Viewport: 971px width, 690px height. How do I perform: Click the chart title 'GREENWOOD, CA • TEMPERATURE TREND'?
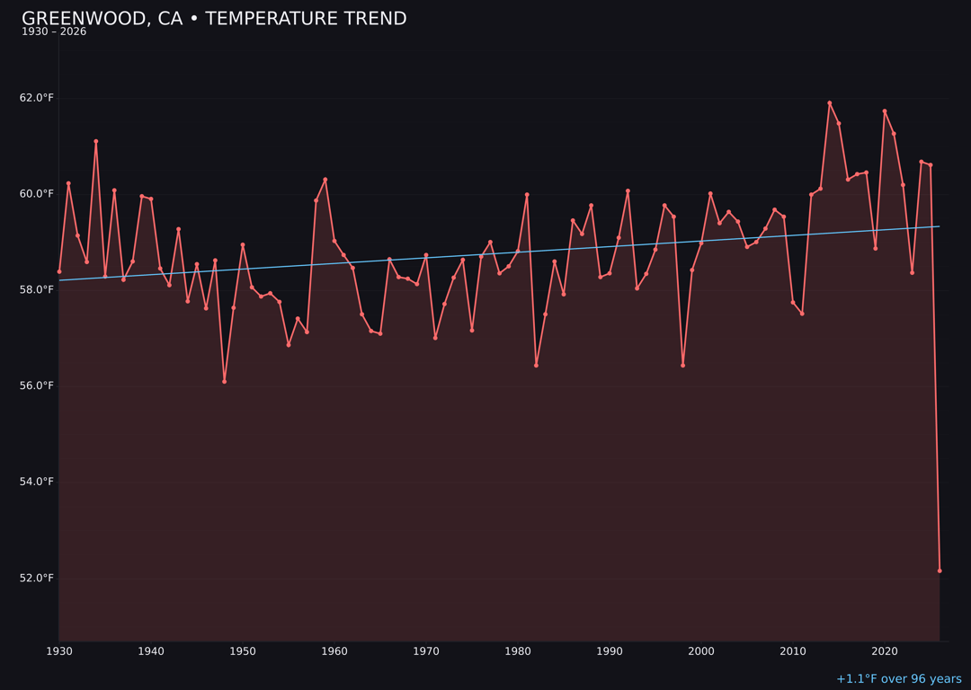pyautogui.click(x=214, y=19)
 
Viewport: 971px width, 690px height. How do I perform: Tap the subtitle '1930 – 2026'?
pyautogui.click(x=54, y=32)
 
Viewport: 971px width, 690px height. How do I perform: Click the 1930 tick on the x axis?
pyautogui.click(x=59, y=651)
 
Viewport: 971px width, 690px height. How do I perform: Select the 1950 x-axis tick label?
pyautogui.click(x=243, y=651)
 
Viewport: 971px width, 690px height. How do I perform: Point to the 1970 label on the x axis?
pyautogui.click(x=426, y=651)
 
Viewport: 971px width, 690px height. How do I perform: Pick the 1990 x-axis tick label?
pyautogui.click(x=610, y=651)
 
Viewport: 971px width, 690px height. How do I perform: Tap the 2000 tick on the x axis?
pyautogui.click(x=701, y=651)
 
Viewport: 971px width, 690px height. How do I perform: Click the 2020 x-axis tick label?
pyautogui.click(x=885, y=651)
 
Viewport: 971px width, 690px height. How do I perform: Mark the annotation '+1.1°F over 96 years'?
pyautogui.click(x=898, y=679)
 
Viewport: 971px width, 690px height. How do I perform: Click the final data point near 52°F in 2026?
pyautogui.click(x=940, y=571)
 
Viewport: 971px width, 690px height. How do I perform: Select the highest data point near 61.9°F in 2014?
pyautogui.click(x=830, y=103)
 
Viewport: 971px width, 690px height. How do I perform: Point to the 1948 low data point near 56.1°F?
pyautogui.click(x=225, y=381)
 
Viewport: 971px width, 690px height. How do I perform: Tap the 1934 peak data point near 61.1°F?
pyautogui.click(x=96, y=141)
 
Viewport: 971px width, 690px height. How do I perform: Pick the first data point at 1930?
pyautogui.click(x=59, y=271)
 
